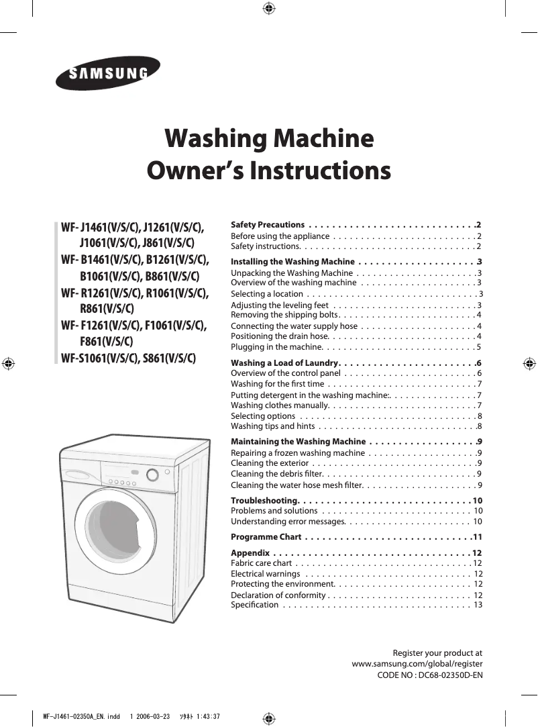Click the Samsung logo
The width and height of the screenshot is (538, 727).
(x=108, y=73)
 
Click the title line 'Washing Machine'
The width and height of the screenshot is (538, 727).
(x=269, y=139)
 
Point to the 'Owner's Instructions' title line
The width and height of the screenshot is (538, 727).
(x=269, y=171)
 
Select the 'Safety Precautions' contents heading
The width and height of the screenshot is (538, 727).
(x=268, y=224)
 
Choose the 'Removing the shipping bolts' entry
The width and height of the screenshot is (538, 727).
(x=284, y=314)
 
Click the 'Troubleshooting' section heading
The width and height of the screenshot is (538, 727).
(x=264, y=501)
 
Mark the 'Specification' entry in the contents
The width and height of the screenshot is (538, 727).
(x=254, y=605)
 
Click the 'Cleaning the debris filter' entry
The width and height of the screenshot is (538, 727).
(x=278, y=474)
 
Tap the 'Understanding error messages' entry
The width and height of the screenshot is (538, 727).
(x=288, y=521)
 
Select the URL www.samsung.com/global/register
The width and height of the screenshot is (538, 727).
(x=417, y=663)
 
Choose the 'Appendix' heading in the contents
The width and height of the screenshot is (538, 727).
(x=250, y=553)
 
